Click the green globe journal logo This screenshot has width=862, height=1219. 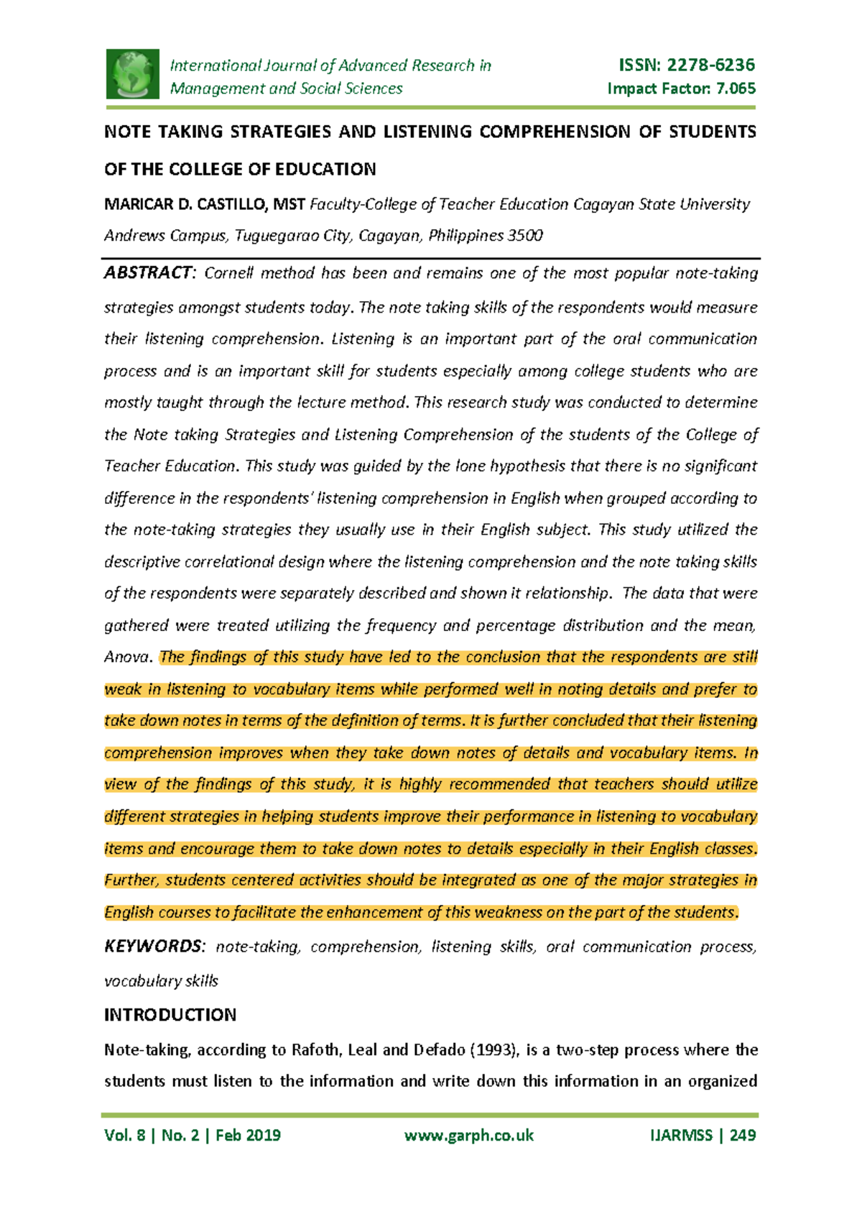tap(133, 74)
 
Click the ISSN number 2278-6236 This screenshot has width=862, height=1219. tap(710, 65)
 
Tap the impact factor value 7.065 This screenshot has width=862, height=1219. tap(736, 88)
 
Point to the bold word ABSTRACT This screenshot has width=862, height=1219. tap(147, 273)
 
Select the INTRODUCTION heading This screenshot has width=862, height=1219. tap(170, 1015)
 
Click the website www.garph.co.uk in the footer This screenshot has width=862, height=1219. tap(469, 1136)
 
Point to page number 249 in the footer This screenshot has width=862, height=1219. tap(743, 1136)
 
